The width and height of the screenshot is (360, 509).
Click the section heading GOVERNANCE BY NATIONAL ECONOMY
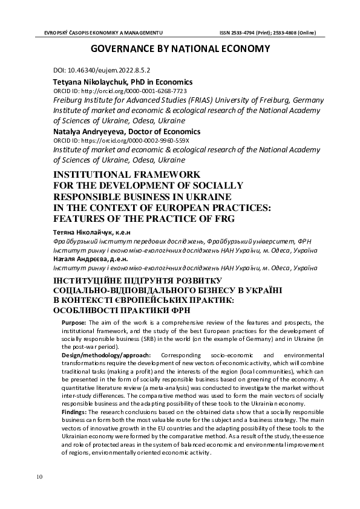coord(180,50)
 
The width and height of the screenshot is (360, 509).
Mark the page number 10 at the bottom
coord(39,477)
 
